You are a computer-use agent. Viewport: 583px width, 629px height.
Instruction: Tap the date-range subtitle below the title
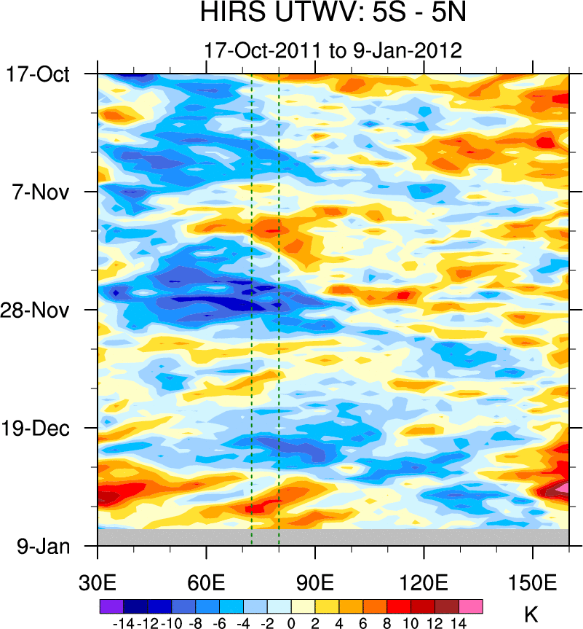point(333,51)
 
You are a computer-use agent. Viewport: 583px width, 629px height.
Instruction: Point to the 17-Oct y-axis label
point(38,74)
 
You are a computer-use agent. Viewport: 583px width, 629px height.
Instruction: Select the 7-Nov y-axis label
point(42,192)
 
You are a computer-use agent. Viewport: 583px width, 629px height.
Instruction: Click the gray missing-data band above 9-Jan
point(333,537)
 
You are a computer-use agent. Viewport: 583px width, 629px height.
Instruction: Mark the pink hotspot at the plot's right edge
point(563,487)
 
